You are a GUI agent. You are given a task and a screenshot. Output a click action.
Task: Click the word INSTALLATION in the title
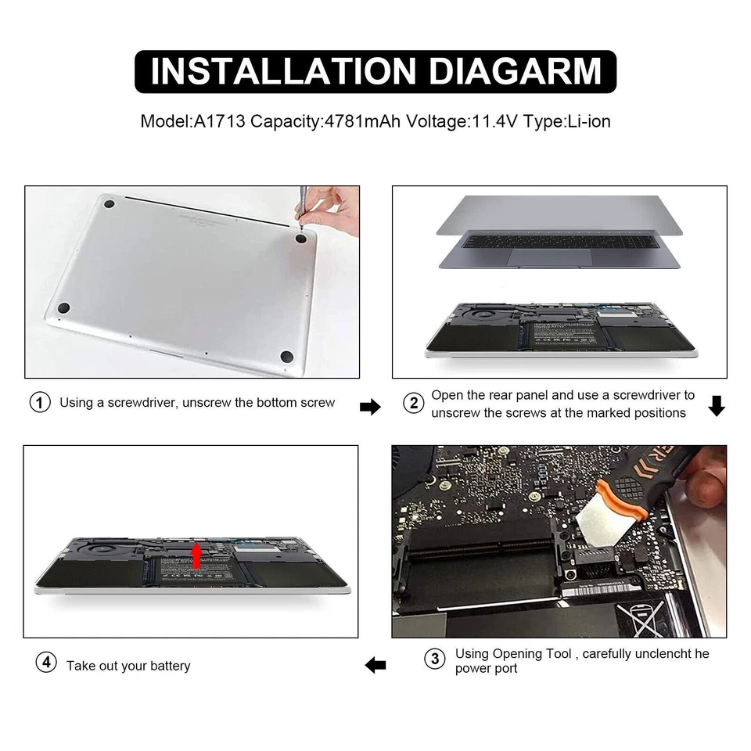(277, 71)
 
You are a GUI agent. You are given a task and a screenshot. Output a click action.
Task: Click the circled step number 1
(40, 403)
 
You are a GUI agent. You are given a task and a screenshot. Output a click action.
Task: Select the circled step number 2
(412, 403)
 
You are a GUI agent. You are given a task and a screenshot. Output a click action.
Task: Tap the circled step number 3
(435, 659)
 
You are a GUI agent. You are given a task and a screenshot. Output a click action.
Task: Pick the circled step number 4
(46, 663)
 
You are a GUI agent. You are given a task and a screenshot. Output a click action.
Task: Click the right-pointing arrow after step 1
(369, 406)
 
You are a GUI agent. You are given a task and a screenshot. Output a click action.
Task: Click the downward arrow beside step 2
(717, 405)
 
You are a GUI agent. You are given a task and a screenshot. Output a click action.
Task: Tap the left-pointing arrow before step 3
(375, 665)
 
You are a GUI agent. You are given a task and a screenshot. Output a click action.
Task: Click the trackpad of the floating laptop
(551, 257)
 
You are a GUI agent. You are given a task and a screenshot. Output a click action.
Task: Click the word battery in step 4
(171, 666)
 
